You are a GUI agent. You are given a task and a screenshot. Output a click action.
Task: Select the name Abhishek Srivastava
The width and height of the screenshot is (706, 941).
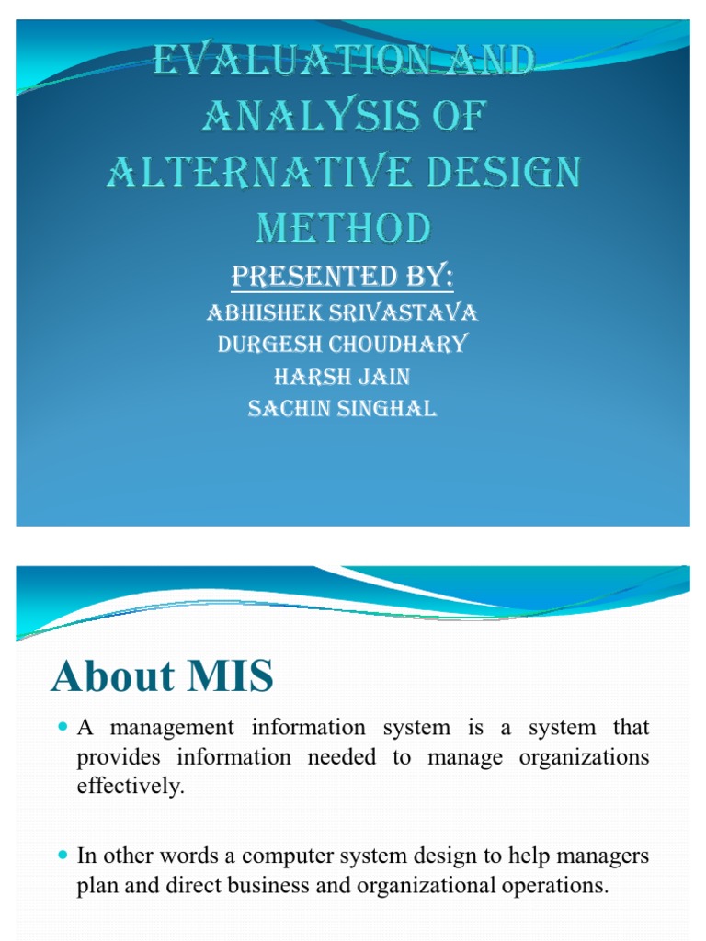[343, 312]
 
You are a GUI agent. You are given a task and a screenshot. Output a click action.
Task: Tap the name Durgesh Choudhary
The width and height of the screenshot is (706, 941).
[343, 345]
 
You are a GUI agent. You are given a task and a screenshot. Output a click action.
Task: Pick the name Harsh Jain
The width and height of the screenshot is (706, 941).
[343, 377]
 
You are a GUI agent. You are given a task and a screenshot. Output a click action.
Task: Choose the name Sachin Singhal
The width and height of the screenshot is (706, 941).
[343, 409]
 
